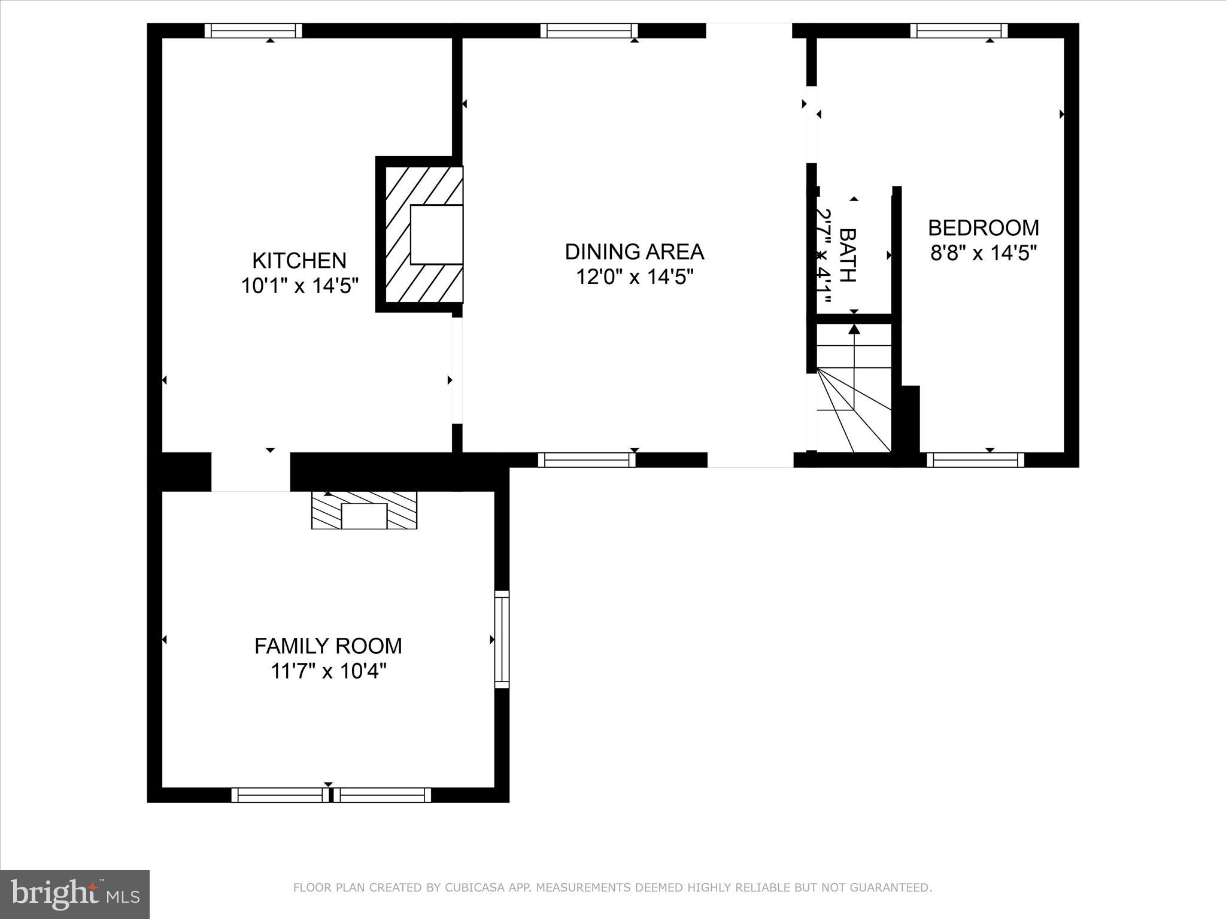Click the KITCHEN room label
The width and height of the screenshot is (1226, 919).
click(299, 261)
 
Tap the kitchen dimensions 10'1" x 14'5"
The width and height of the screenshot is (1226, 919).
click(299, 286)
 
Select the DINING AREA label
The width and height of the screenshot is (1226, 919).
click(634, 252)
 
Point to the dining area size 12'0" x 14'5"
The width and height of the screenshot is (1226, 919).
click(634, 277)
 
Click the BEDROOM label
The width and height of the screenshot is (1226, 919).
click(983, 228)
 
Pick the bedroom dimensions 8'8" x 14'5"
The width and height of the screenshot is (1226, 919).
click(983, 253)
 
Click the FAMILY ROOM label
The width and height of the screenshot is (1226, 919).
click(328, 646)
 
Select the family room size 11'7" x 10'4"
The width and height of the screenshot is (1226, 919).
click(328, 671)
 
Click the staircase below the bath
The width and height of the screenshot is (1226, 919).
click(854, 389)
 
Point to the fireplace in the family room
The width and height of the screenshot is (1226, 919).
click(364, 510)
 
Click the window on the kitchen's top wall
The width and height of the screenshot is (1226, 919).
click(253, 31)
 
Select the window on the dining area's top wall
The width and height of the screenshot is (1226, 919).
click(589, 31)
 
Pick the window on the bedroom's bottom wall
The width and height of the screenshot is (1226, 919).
click(975, 459)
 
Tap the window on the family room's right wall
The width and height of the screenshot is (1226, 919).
click(502, 640)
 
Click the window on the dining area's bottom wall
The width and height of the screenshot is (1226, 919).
click(587, 459)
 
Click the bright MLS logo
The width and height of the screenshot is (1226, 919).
click(75, 894)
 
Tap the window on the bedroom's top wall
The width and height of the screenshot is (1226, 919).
click(959, 31)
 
